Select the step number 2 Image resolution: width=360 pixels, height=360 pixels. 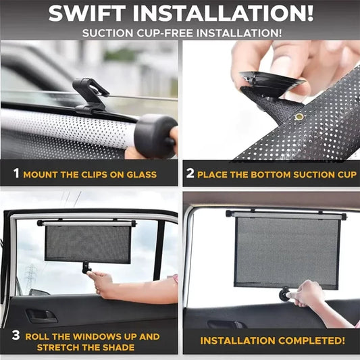pos(191,174)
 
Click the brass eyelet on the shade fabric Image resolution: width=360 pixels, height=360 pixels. pos(299,117)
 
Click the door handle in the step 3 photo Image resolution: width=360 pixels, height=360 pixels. pos(42,315)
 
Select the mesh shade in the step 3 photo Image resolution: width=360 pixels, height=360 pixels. pos(87,244)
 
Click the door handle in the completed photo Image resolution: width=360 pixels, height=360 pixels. pos(226,324)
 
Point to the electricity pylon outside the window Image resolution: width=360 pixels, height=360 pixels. pos(31,274)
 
